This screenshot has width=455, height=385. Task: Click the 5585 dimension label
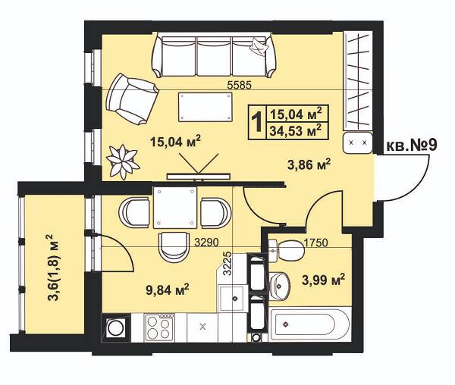239,85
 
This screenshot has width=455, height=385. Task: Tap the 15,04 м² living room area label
175,141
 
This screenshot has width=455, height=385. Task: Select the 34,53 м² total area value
296,131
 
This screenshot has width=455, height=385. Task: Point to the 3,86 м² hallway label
309,165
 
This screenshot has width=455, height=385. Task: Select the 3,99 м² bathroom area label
324,280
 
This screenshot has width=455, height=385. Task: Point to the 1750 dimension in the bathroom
316,243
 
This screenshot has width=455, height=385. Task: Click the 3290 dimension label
206,242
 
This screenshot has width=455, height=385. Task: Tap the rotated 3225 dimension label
228,263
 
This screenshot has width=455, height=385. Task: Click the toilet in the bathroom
287,250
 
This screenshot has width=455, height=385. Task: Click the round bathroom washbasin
279,286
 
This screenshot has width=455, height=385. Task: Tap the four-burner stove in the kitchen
158,327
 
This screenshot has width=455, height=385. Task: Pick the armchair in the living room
131,99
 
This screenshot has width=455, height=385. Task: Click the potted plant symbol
123,161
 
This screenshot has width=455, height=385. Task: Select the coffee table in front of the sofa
206,107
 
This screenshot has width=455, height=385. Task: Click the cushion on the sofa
258,46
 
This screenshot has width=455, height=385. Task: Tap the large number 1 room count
257,122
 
